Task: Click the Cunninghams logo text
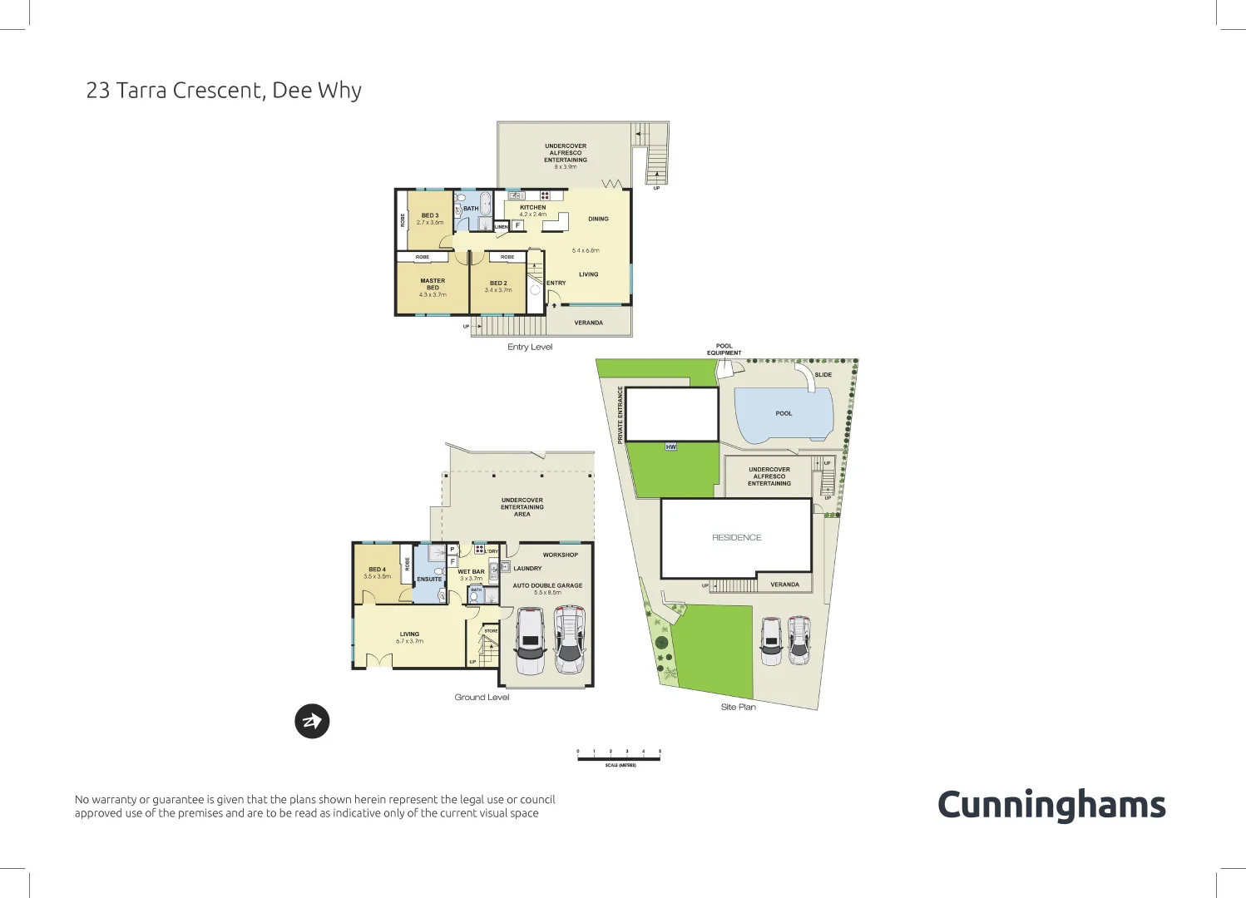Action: tap(1051, 805)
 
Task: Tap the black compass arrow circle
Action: tap(312, 721)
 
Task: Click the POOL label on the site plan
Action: tap(784, 413)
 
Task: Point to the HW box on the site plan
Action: tap(671, 447)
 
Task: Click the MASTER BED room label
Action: tap(433, 284)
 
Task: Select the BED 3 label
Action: tap(430, 215)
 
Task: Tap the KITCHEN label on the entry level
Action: tap(533, 208)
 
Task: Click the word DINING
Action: tap(598, 220)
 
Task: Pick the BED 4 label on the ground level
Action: tap(377, 570)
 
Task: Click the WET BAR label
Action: tap(471, 572)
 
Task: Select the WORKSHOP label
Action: tap(560, 555)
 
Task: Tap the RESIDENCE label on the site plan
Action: tap(736, 538)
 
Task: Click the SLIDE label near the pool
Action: tap(823, 375)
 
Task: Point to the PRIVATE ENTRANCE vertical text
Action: tap(621, 415)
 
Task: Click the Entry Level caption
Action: tap(530, 348)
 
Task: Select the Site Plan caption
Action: tap(738, 707)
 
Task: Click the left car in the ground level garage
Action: tap(530, 640)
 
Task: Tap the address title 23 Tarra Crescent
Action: tap(224, 91)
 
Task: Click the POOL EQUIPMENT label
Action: tap(724, 349)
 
